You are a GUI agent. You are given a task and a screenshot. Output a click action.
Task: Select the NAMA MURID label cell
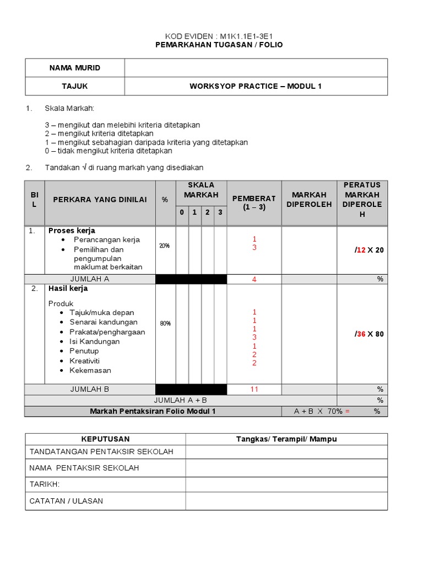coord(75,68)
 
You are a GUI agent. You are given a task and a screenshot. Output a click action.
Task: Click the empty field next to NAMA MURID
coord(256,68)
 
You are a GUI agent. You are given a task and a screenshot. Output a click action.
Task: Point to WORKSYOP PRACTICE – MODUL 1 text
coord(256,86)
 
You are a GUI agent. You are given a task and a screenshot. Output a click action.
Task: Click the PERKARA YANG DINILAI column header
coord(100,200)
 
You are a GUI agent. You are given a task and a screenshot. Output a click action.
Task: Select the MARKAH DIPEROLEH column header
coord(309,200)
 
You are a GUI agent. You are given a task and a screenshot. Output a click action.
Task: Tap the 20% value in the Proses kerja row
coord(165,246)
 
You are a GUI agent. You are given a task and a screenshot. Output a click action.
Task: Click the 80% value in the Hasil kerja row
coord(165,323)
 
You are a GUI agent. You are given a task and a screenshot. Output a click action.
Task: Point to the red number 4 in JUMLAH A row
coord(254,279)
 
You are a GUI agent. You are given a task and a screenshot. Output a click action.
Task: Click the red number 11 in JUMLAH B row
coord(254,389)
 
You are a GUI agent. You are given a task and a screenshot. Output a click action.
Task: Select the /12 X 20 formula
coord(369,250)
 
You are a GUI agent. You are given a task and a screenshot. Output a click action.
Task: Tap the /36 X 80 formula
coord(369,334)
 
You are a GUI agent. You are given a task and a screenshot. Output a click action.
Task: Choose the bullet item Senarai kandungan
coord(104,322)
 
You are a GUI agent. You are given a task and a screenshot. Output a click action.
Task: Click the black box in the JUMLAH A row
coord(191,279)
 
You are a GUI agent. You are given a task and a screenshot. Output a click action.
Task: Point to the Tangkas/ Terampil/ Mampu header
coord(286,439)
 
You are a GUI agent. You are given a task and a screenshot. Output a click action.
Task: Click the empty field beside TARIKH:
coord(286,484)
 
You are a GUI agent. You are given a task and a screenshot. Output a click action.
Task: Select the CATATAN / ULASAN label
coord(66,501)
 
